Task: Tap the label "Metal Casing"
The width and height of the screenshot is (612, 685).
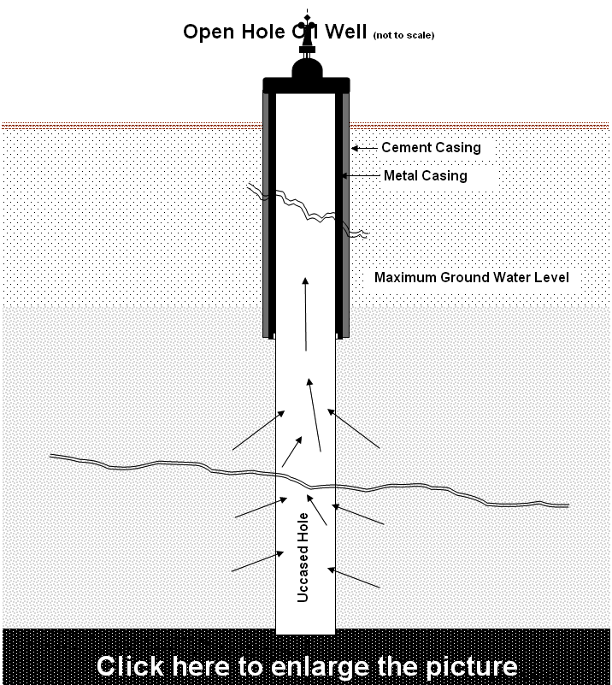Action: pos(425,176)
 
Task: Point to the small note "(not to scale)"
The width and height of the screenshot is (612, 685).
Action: pos(404,36)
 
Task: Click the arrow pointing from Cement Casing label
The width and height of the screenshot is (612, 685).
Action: pos(365,148)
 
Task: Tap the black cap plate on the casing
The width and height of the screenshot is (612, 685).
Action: pos(306,85)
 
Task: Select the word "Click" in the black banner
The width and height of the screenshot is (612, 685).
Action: pos(130,665)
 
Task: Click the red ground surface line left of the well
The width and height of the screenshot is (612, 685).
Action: pos(128,126)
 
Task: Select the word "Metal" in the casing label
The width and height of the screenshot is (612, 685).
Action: pos(401,176)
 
